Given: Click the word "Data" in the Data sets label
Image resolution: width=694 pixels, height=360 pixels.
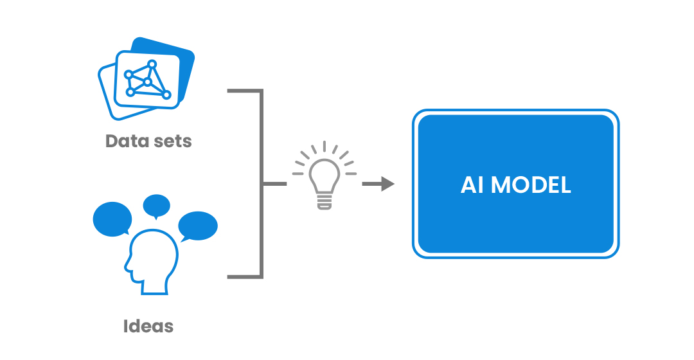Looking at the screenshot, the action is [126, 141].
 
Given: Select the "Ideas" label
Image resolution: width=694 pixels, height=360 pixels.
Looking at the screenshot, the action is [148, 327].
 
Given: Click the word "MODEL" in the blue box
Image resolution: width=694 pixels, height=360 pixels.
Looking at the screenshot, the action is [531, 184].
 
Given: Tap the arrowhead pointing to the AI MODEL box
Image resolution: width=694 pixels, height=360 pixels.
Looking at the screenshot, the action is [387, 184].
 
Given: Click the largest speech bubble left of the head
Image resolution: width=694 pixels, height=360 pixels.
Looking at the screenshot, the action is [112, 219].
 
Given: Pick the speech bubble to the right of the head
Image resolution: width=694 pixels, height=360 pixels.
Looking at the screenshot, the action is [198, 226].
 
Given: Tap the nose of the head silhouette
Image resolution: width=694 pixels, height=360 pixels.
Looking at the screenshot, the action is [126, 267].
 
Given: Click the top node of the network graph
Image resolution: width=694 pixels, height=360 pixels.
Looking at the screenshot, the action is [152, 64].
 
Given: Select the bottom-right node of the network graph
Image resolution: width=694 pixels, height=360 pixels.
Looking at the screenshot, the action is [166, 94].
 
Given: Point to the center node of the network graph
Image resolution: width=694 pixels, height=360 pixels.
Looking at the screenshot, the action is [147, 82].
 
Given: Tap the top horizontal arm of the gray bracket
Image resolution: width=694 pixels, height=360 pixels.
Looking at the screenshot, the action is [245, 91].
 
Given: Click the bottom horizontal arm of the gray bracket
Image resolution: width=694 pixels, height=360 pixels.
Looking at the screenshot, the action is [245, 277].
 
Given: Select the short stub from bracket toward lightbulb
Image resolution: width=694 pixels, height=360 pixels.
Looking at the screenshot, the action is [275, 184].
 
